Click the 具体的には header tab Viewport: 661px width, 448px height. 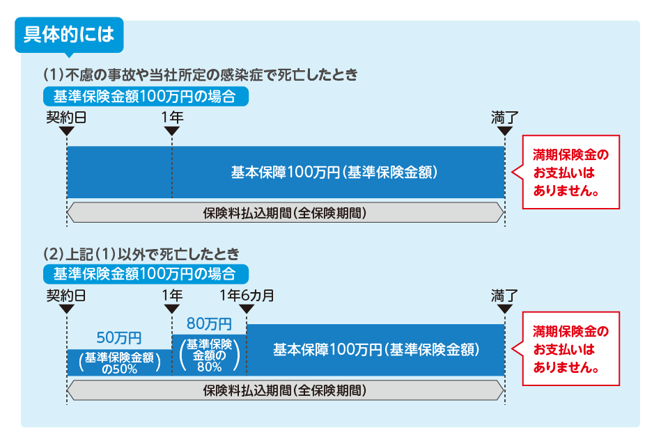click(x=68, y=33)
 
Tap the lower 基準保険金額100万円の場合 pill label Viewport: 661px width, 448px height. click(x=144, y=273)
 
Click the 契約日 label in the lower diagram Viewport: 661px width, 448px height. click(x=66, y=295)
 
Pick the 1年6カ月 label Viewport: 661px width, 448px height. click(x=246, y=295)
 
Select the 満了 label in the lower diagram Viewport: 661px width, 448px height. click(x=504, y=295)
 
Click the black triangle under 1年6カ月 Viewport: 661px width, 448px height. click(x=247, y=310)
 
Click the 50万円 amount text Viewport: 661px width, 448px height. click(x=119, y=338)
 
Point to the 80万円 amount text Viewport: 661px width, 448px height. click(x=209, y=323)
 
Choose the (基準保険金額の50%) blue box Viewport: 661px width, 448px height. click(x=119, y=362)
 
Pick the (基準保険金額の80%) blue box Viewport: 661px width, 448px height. click(x=209, y=355)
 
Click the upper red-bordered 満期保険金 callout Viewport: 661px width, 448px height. click(x=570, y=172)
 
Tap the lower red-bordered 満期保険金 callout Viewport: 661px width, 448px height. click(x=570, y=349)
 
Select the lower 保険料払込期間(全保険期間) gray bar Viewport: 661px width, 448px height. click(x=285, y=391)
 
